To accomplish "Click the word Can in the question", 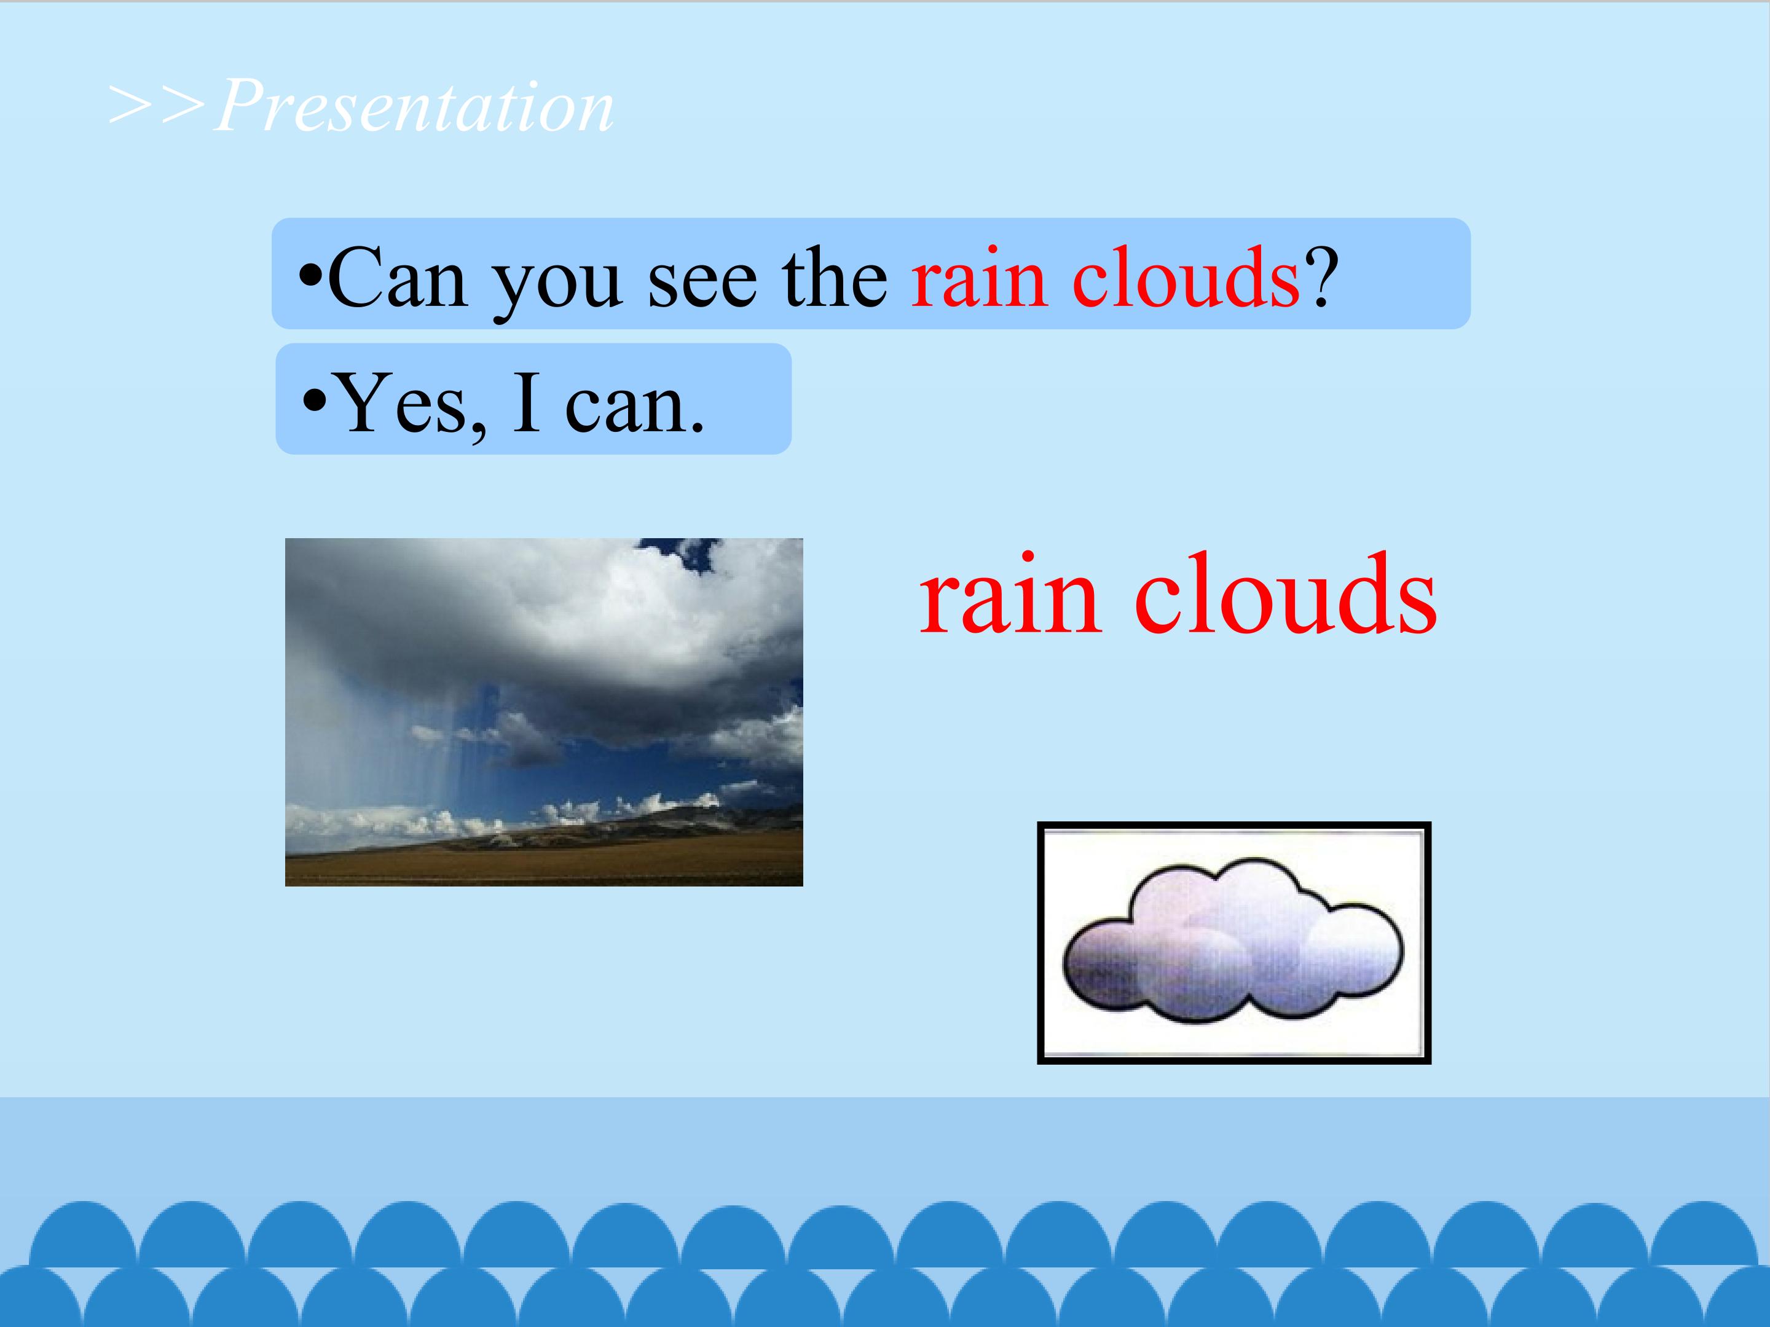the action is (398, 278).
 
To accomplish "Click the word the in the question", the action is (835, 278).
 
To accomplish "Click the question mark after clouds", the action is (1319, 278).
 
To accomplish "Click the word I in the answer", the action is (525, 403).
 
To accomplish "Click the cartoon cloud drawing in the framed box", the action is (1233, 941).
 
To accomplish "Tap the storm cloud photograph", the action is (544, 712).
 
